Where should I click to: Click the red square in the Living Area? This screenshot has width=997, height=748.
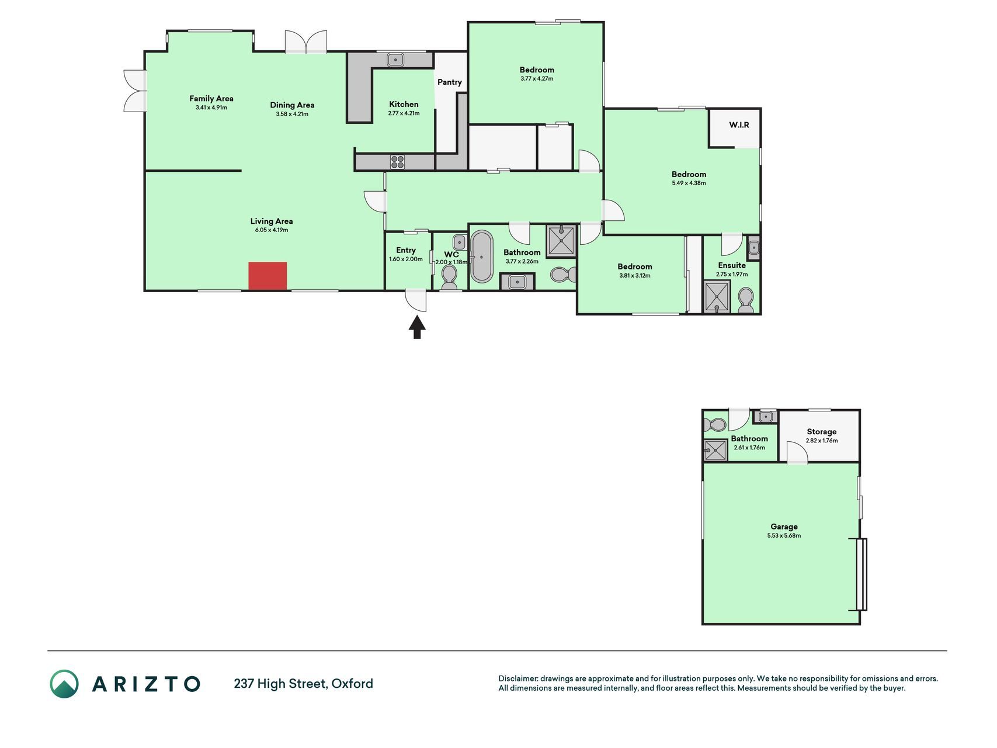tap(268, 276)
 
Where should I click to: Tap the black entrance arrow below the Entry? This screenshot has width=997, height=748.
tap(416, 327)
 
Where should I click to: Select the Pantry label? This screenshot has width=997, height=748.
tap(450, 82)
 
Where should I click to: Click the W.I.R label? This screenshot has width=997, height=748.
tap(739, 125)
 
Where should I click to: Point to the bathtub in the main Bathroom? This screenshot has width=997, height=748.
tap(482, 257)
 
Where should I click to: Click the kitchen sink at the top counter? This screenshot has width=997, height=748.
tap(396, 60)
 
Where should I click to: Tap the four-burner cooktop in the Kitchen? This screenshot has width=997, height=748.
tap(397, 162)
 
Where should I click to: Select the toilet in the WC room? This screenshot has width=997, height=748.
tap(449, 278)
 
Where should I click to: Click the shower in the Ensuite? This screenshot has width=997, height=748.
tap(717, 297)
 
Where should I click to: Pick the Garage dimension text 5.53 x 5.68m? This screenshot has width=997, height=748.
tap(784, 536)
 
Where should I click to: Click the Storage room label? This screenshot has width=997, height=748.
tap(822, 432)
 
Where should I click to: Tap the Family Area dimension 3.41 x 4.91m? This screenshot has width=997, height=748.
tap(211, 108)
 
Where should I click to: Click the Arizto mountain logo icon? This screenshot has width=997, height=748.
tap(64, 684)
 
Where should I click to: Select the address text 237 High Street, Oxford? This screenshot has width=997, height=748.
tap(304, 684)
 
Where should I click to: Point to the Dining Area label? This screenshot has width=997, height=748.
tap(292, 105)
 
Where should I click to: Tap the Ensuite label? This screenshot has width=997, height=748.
tap(732, 265)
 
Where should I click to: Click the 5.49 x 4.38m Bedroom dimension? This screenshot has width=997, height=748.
tap(689, 183)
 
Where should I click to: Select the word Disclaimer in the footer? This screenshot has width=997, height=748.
tap(517, 679)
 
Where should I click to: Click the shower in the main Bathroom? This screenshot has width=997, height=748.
tap(561, 240)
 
